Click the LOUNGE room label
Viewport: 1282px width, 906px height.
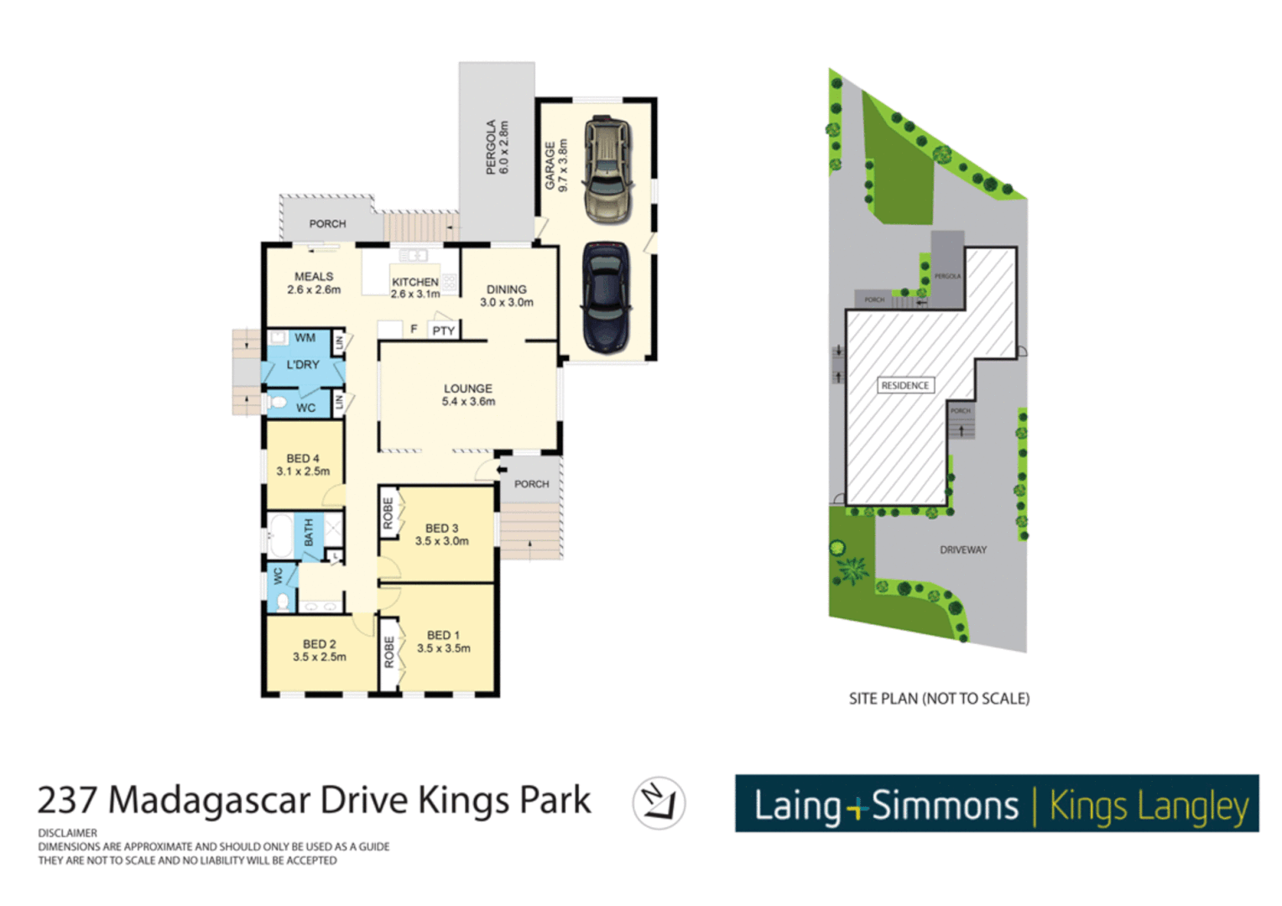click(467, 388)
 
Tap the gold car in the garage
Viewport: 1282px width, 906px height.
click(607, 169)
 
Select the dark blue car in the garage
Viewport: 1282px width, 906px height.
click(606, 297)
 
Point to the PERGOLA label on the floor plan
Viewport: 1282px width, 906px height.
click(492, 147)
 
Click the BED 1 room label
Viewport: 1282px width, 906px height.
click(443, 635)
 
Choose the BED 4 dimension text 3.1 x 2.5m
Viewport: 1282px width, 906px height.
click(303, 471)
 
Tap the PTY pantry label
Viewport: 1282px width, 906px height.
click(443, 331)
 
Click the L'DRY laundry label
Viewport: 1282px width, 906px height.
click(303, 365)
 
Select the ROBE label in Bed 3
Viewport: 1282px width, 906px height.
click(388, 513)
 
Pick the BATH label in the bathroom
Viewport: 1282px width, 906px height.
click(309, 532)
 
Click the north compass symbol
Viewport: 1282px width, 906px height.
click(659, 803)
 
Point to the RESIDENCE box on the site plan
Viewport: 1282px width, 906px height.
click(904, 385)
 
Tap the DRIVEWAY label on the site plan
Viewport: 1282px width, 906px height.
click(962, 550)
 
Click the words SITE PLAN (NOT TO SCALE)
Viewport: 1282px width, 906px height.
click(939, 698)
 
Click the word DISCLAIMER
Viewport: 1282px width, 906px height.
click(67, 833)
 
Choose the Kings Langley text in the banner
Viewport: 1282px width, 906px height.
click(1149, 806)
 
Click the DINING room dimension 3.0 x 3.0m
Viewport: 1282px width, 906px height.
click(506, 303)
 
